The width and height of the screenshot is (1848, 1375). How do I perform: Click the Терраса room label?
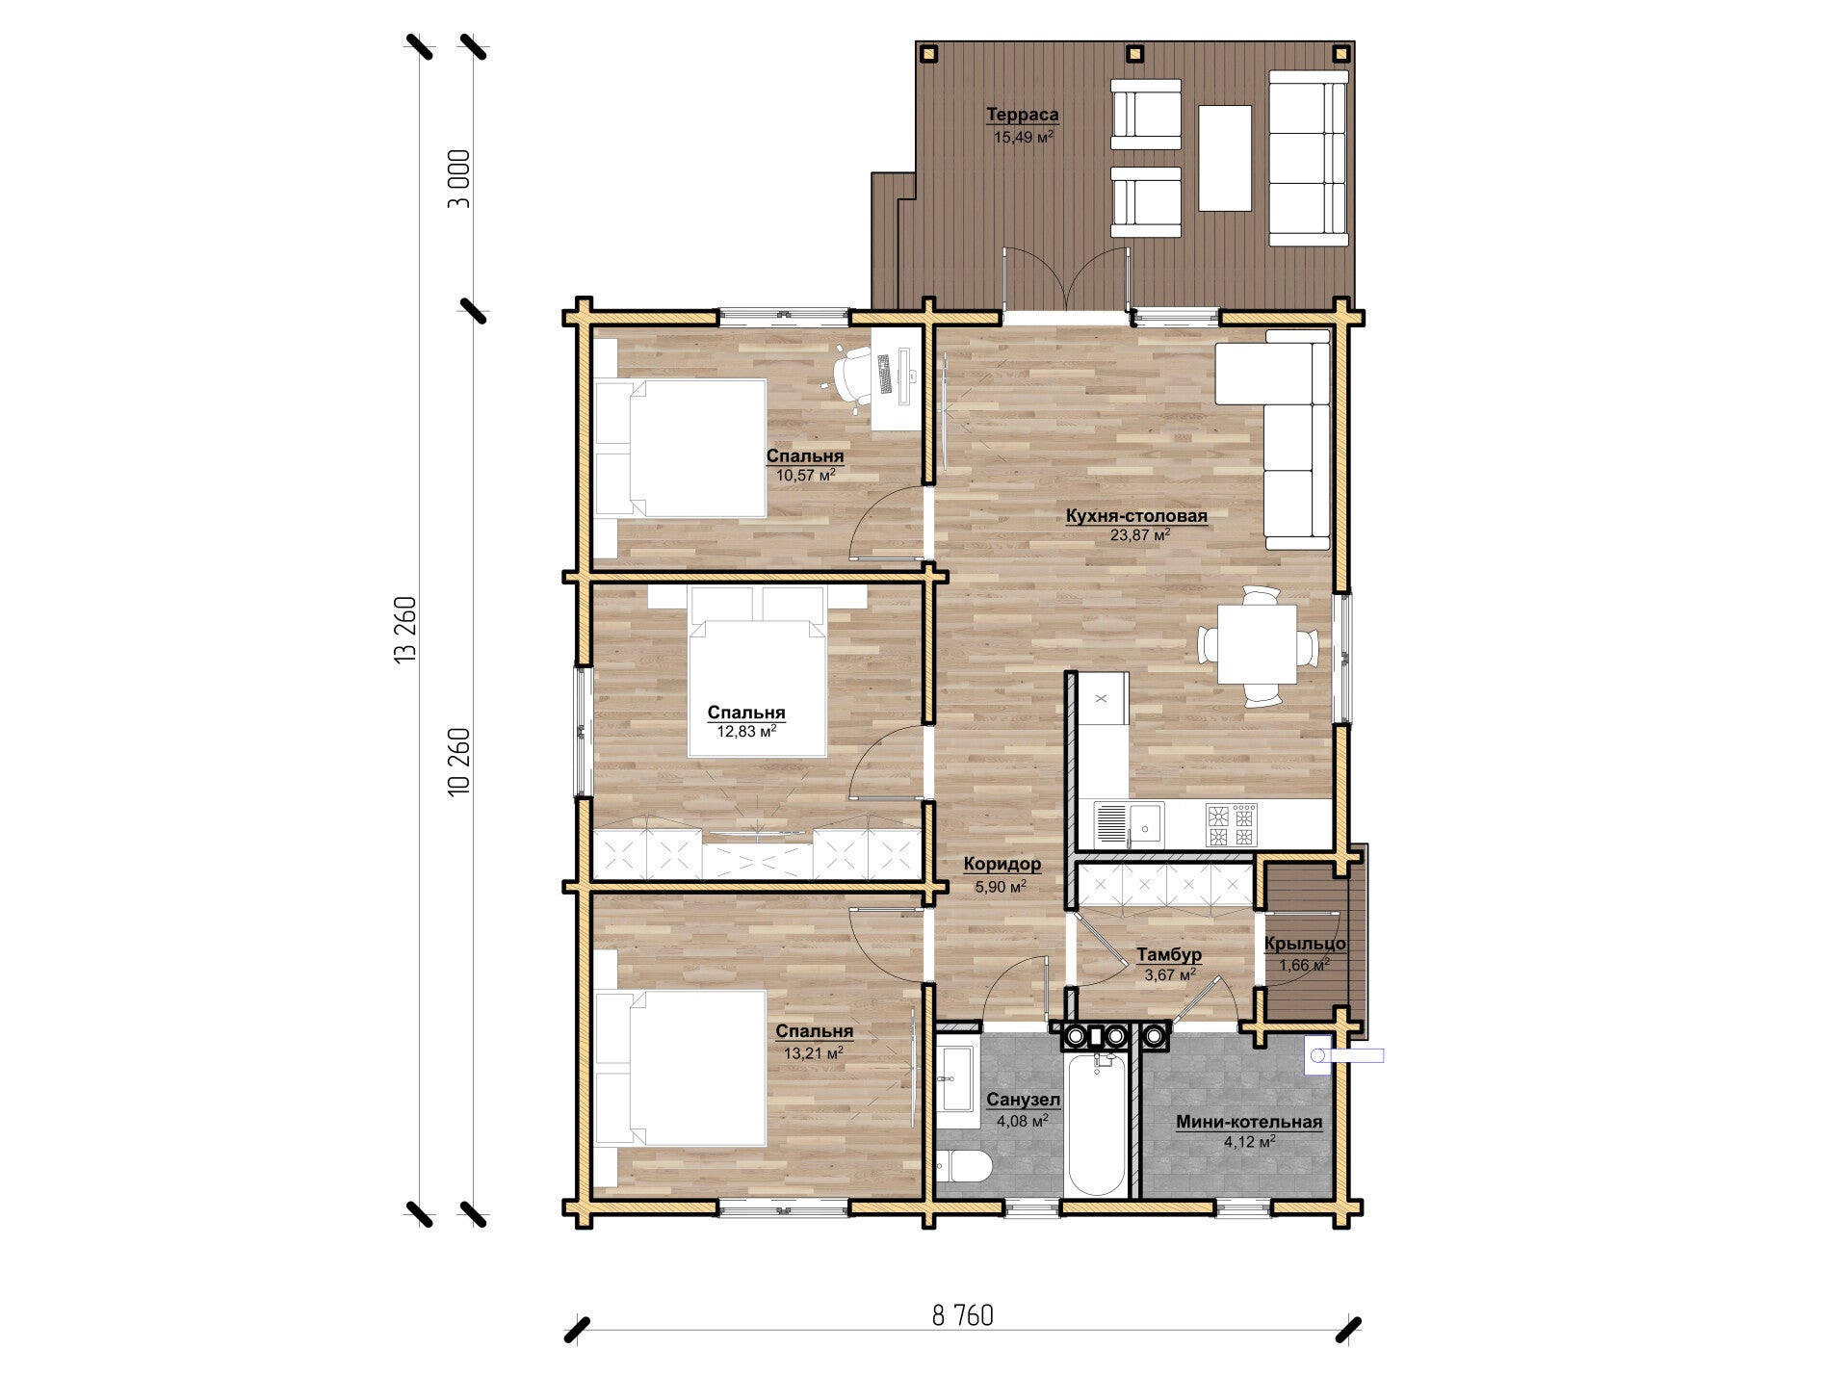pos(1022,115)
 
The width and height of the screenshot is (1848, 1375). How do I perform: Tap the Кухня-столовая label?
pos(1136,516)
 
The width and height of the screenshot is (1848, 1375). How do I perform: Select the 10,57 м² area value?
pos(806,475)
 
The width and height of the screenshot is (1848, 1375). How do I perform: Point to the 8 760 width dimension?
pos(962,1315)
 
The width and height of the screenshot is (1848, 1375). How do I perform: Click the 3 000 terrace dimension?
pos(459,179)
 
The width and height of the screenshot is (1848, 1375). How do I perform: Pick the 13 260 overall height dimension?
pos(405,629)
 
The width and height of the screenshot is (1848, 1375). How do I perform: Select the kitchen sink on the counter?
pos(1129,823)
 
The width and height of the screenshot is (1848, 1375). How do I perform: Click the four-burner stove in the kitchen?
pos(1231,824)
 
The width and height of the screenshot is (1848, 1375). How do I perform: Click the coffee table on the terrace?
pos(1225,158)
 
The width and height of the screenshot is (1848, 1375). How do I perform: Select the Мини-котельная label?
pos(1249,1123)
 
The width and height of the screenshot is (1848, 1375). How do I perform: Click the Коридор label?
pos(1002,865)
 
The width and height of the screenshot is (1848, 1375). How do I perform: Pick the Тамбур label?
pos(1169,955)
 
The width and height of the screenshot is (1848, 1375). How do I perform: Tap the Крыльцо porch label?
pos(1305,945)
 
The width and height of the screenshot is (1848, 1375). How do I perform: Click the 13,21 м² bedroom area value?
pos(813,1053)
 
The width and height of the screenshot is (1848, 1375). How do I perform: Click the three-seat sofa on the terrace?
pos(1308,159)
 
